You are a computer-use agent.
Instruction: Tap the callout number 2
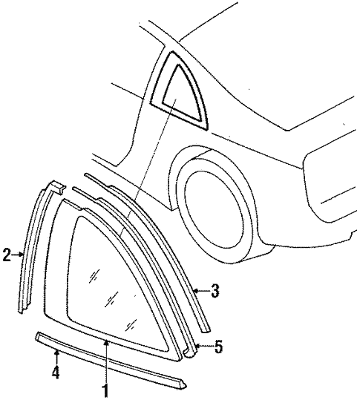tap(7, 254)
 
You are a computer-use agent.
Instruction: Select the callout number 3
tap(215, 290)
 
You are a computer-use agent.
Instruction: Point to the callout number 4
tap(56, 373)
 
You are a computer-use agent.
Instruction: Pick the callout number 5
tap(218, 347)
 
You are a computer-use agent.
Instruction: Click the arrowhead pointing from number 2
tap(22, 254)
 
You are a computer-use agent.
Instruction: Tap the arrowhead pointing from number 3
tap(196, 290)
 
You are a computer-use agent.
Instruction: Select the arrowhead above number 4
tap(57, 353)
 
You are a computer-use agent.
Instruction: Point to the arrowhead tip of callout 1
tap(107, 341)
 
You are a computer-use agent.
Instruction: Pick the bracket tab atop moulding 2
tap(56, 187)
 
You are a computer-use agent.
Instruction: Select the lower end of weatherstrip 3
tap(206, 329)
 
